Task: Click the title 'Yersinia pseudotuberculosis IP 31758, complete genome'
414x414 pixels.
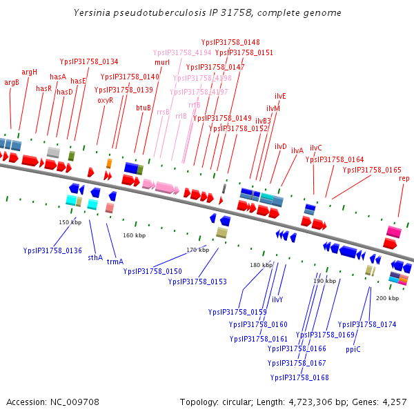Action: [x=207, y=13]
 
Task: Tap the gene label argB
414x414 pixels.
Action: [x=12, y=82]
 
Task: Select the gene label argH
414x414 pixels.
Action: [x=30, y=72]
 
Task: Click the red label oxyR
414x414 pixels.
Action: [x=106, y=100]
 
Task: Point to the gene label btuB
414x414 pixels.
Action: [x=144, y=107]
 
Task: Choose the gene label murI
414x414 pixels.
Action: [x=162, y=63]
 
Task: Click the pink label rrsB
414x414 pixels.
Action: [x=163, y=112]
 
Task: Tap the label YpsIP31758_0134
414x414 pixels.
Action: [x=89, y=61]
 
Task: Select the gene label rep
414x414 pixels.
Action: [x=404, y=179]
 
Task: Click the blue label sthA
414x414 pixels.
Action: [x=95, y=257]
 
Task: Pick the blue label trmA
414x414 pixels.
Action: [x=115, y=262]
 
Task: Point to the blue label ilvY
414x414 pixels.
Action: [x=277, y=299]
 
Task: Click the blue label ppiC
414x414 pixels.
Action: [x=353, y=349]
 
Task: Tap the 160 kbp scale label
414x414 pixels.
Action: [x=134, y=236]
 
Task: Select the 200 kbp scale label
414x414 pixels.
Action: [x=387, y=298]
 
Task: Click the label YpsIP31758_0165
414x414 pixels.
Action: [x=372, y=170]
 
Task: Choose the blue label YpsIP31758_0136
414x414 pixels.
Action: [x=52, y=250]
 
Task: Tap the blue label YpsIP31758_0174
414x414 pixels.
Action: [x=367, y=324]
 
